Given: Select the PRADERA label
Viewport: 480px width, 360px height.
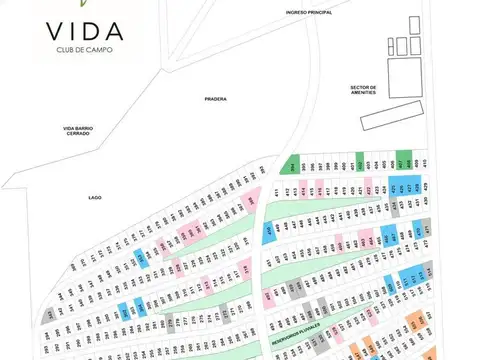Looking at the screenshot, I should coord(215,99).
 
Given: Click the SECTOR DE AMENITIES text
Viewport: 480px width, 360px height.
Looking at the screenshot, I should coord(362,89).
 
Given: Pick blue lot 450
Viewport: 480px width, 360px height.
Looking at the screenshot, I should coord(269,232).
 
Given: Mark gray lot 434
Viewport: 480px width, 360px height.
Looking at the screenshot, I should coord(396,207).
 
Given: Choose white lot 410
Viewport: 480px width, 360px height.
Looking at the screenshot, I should coord(424,162).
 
